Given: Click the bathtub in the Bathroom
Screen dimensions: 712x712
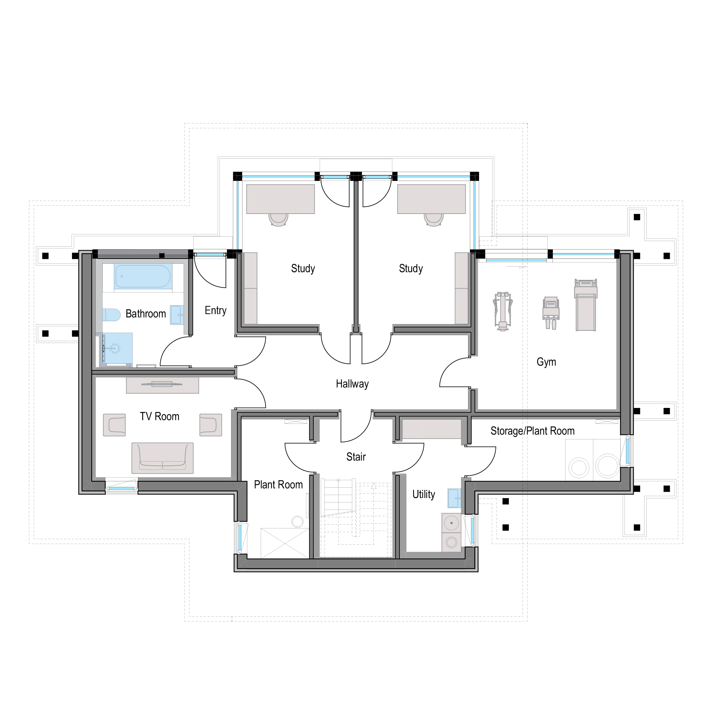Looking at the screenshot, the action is (143, 276).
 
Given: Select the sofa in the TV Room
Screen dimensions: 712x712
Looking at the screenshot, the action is (162, 458).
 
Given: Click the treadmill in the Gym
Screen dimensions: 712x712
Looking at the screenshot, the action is (586, 304).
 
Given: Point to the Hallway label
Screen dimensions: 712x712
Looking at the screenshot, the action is (352, 384).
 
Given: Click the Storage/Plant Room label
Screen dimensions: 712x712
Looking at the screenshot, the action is (533, 431).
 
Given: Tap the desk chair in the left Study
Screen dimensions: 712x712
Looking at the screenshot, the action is (278, 219).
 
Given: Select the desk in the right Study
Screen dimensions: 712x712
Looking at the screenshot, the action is (431, 199).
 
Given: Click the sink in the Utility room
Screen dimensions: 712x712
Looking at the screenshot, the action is (454, 498).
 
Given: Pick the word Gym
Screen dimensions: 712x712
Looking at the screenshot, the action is (546, 362).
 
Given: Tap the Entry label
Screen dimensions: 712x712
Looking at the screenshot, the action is (215, 310).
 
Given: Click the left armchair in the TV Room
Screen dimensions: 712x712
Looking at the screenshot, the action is (114, 425).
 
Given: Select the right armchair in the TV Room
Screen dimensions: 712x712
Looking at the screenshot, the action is (211, 425).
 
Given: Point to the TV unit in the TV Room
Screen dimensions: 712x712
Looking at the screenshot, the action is (162, 385).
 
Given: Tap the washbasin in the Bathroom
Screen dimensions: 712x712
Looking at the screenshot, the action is (177, 315).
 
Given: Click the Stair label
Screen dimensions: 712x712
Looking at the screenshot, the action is (356, 457).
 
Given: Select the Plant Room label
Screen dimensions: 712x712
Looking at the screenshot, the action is (278, 485).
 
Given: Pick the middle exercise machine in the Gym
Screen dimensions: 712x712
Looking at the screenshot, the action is (551, 313).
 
